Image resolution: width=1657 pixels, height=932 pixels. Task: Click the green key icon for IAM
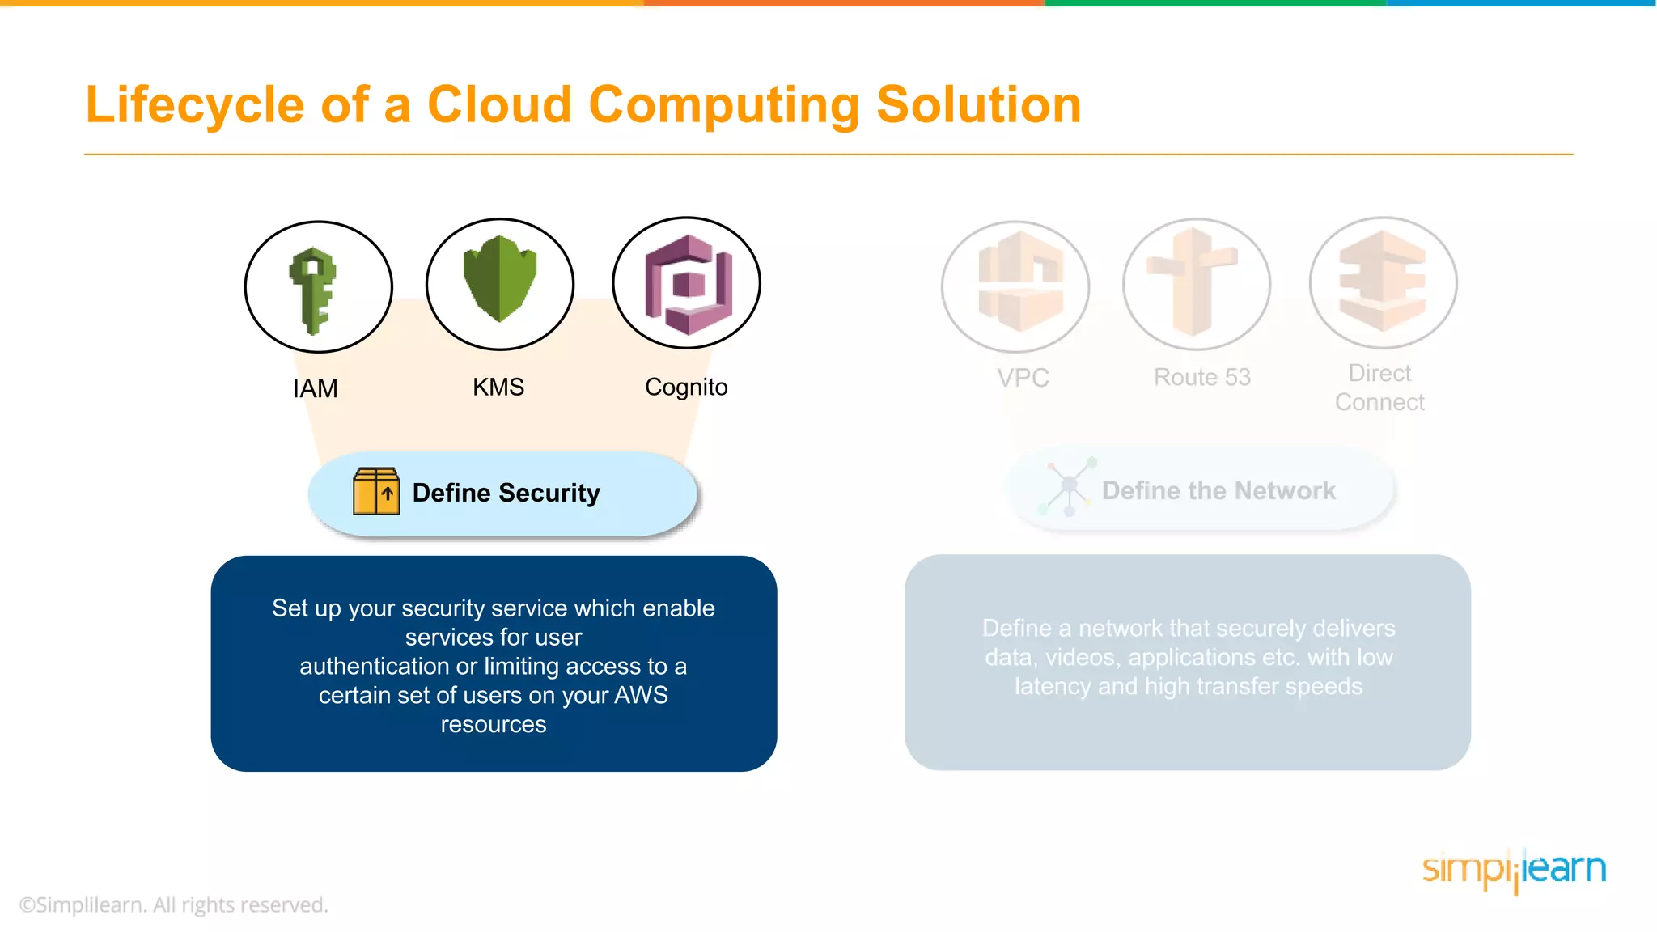pos(313,290)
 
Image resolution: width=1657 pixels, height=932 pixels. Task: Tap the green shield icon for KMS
pos(500,278)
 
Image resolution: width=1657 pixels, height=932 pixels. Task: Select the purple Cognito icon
pos(688,285)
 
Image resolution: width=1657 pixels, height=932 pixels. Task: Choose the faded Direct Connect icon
pos(1382,280)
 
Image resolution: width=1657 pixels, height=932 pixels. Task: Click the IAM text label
pos(316,388)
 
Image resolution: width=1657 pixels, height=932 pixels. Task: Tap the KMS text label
pos(498,387)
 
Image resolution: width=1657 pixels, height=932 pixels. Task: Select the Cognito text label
pos(686,388)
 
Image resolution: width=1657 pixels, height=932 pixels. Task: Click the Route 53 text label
pos(1201,377)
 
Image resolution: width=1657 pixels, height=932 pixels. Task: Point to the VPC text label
pos(1023,378)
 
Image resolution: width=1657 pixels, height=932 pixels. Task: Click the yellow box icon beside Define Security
pos(376,491)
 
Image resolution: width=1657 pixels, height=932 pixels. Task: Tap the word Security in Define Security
pos(549,493)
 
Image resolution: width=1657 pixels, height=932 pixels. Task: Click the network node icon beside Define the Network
pos(1068,486)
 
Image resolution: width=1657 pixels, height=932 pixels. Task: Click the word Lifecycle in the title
pos(194,105)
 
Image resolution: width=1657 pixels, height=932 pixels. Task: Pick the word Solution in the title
pos(979,105)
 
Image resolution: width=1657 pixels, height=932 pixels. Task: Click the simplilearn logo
pos(1514,870)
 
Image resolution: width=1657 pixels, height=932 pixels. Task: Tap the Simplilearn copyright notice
pos(174,904)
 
